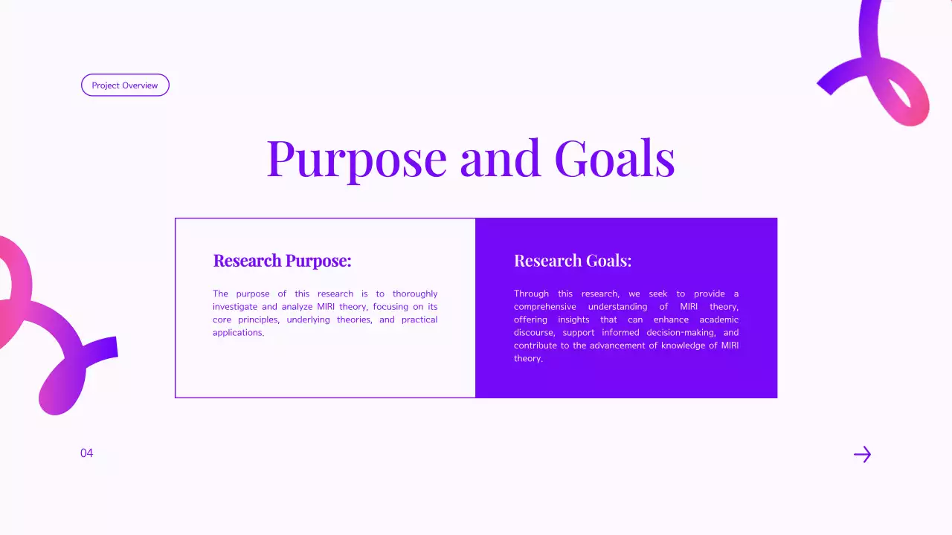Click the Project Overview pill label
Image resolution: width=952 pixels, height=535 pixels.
point(125,85)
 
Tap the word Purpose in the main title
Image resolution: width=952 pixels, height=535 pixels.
point(356,158)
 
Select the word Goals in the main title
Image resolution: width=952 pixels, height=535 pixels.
point(614,158)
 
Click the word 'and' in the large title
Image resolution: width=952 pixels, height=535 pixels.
point(500,158)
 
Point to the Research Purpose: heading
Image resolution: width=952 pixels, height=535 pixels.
point(282,261)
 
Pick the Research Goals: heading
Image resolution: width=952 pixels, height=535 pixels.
point(572,261)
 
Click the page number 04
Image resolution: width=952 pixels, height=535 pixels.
point(87,453)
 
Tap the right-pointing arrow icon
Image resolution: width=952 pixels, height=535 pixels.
point(862,455)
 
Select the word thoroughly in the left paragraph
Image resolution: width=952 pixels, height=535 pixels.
point(415,294)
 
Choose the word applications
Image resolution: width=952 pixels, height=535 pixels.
point(237,333)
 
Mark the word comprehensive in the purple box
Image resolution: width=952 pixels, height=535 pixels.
point(544,307)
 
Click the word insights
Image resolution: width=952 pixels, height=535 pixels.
point(573,320)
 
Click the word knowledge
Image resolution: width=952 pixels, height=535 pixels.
point(683,346)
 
